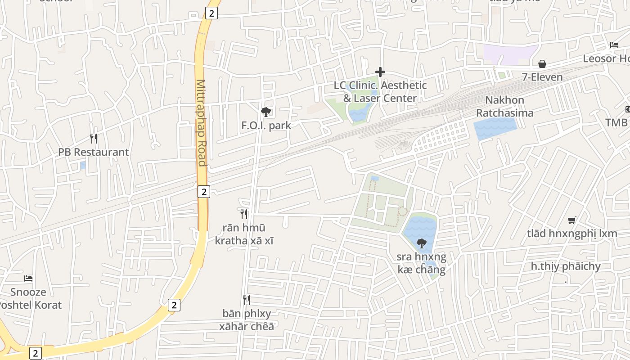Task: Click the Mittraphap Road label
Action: pos(201,122)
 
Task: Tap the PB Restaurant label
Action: pos(94,152)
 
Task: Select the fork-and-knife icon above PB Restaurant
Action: pos(94,138)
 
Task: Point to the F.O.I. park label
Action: pos(266,126)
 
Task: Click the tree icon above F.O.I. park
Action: pos(266,112)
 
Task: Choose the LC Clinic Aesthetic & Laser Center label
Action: pos(380,91)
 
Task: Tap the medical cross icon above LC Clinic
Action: pos(380,72)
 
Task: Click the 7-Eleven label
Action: pos(542,77)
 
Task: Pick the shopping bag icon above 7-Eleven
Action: pos(542,64)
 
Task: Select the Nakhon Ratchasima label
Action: pos(505,106)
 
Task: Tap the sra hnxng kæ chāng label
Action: pos(421,263)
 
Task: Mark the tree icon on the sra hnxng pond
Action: pos(422,243)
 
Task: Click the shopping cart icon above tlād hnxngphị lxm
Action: pos(572,220)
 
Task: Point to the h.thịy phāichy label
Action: pos(566,266)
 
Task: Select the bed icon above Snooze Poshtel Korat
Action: pos(28,279)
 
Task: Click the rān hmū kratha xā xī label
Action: pos(244,234)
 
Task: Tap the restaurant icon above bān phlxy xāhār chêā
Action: pos(246,300)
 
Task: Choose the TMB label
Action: pos(616,122)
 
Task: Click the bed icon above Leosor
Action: pos(614,45)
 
